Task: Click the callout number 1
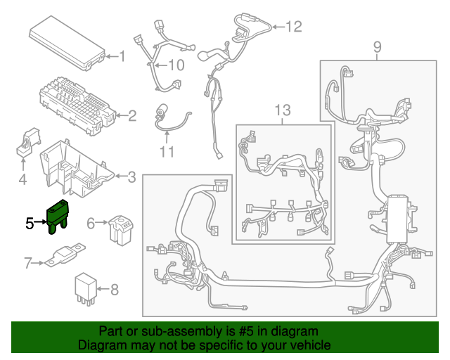pos(121,56)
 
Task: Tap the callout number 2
pos(131,115)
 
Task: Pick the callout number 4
pos(22,181)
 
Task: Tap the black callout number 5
pos(28,224)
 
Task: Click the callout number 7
pos(28,264)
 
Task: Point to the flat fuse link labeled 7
pos(65,255)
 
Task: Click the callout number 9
pos(377,47)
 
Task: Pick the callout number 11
pos(166,151)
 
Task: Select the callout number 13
pos(282,110)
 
